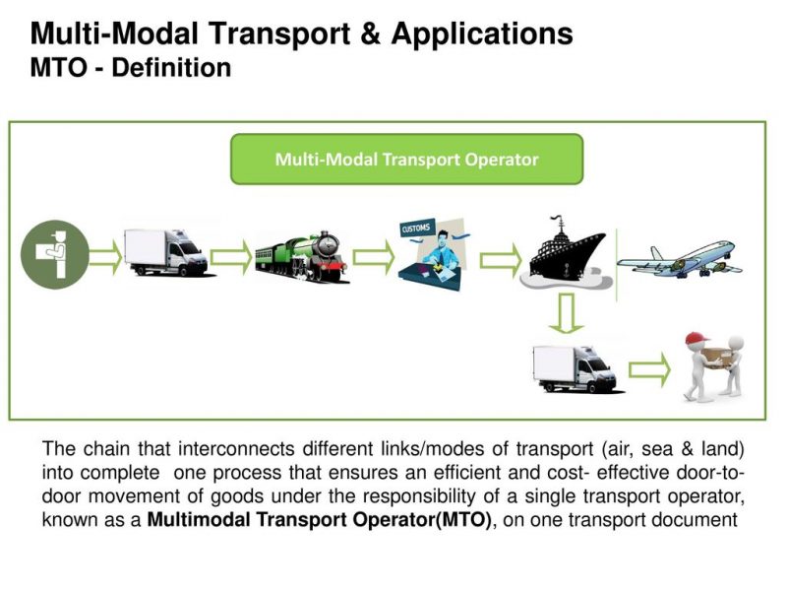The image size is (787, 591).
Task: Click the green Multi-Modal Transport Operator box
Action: pyautogui.click(x=406, y=159)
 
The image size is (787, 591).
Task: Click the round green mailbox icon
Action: pyautogui.click(x=55, y=254)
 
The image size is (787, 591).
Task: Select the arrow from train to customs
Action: pyautogui.click(x=373, y=257)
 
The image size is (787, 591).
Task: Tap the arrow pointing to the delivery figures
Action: pyautogui.click(x=648, y=370)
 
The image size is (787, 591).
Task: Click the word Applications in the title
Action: pyautogui.click(x=482, y=34)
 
